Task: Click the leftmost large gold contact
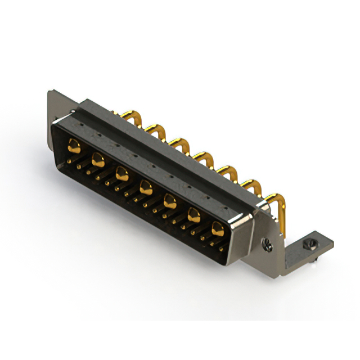(x=73, y=147)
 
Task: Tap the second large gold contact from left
(x=97, y=159)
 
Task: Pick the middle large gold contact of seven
(x=146, y=186)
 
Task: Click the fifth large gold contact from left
(x=170, y=200)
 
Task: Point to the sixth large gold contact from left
(x=193, y=214)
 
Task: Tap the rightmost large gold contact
(x=217, y=228)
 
